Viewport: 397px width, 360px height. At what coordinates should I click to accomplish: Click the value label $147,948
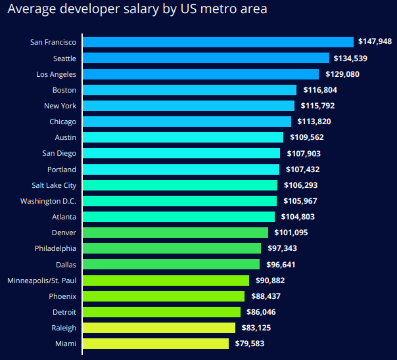pos(375,42)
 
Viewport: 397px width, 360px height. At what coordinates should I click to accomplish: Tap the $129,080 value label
pos(341,74)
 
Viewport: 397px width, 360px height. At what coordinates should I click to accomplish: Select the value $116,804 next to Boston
pos(319,90)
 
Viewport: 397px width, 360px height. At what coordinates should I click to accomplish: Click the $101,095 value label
pos(290,233)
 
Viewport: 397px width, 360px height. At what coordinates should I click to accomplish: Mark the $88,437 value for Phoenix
pos(266,296)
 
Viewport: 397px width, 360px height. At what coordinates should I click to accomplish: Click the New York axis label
pos(60,106)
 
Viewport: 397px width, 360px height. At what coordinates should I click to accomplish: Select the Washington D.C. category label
pos(48,201)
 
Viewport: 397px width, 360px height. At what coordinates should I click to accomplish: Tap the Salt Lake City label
pos(54,185)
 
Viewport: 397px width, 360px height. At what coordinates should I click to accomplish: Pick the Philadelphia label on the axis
pos(55,248)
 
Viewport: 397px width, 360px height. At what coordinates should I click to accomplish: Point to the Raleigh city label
pos(64,328)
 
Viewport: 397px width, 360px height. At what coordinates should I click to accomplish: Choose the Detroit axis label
pos(64,312)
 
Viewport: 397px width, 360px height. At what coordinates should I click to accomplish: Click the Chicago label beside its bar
pos(62,122)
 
